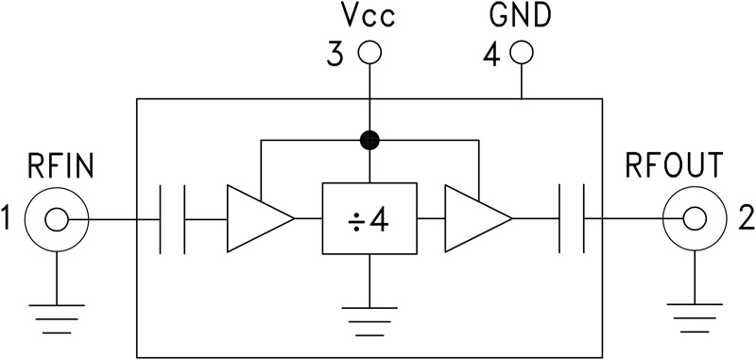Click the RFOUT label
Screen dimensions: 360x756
pyautogui.click(x=675, y=167)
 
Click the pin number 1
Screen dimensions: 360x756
pyautogui.click(x=9, y=220)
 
